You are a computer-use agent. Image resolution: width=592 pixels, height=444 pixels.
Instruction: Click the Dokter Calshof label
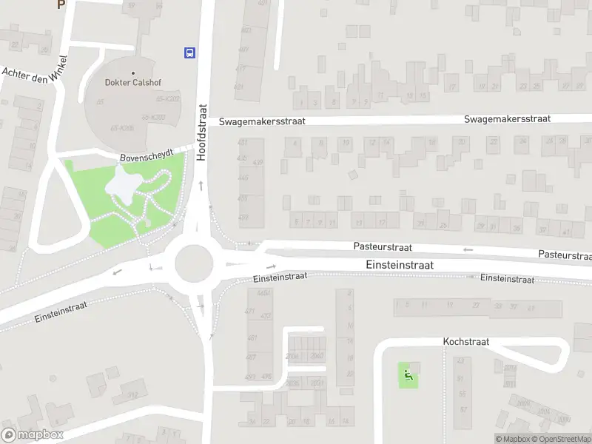point(133,82)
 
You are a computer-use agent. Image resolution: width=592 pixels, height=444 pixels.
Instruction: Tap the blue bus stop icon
point(190,52)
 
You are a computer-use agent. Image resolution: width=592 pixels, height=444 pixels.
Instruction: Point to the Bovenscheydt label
point(147,155)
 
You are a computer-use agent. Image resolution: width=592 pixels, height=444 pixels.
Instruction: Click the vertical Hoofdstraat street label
point(201,132)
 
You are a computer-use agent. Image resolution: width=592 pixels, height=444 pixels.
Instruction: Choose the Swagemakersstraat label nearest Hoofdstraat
point(262,121)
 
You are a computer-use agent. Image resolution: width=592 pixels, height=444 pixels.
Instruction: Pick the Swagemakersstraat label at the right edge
point(528,118)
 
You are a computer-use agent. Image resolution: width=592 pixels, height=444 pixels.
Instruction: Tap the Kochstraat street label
point(466,342)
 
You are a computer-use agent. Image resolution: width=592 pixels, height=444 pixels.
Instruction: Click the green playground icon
point(407,375)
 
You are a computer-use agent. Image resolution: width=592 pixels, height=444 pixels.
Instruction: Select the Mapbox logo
point(33,435)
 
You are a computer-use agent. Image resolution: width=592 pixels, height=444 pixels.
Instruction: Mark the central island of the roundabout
point(194,262)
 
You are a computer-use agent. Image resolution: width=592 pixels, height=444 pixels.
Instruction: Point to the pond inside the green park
point(123,186)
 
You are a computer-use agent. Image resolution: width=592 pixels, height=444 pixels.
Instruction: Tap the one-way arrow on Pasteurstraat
point(468,249)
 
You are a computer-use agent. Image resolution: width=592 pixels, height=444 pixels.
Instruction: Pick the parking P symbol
point(61,4)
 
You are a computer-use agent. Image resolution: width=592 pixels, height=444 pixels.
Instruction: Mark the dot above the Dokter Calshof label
point(133,73)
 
